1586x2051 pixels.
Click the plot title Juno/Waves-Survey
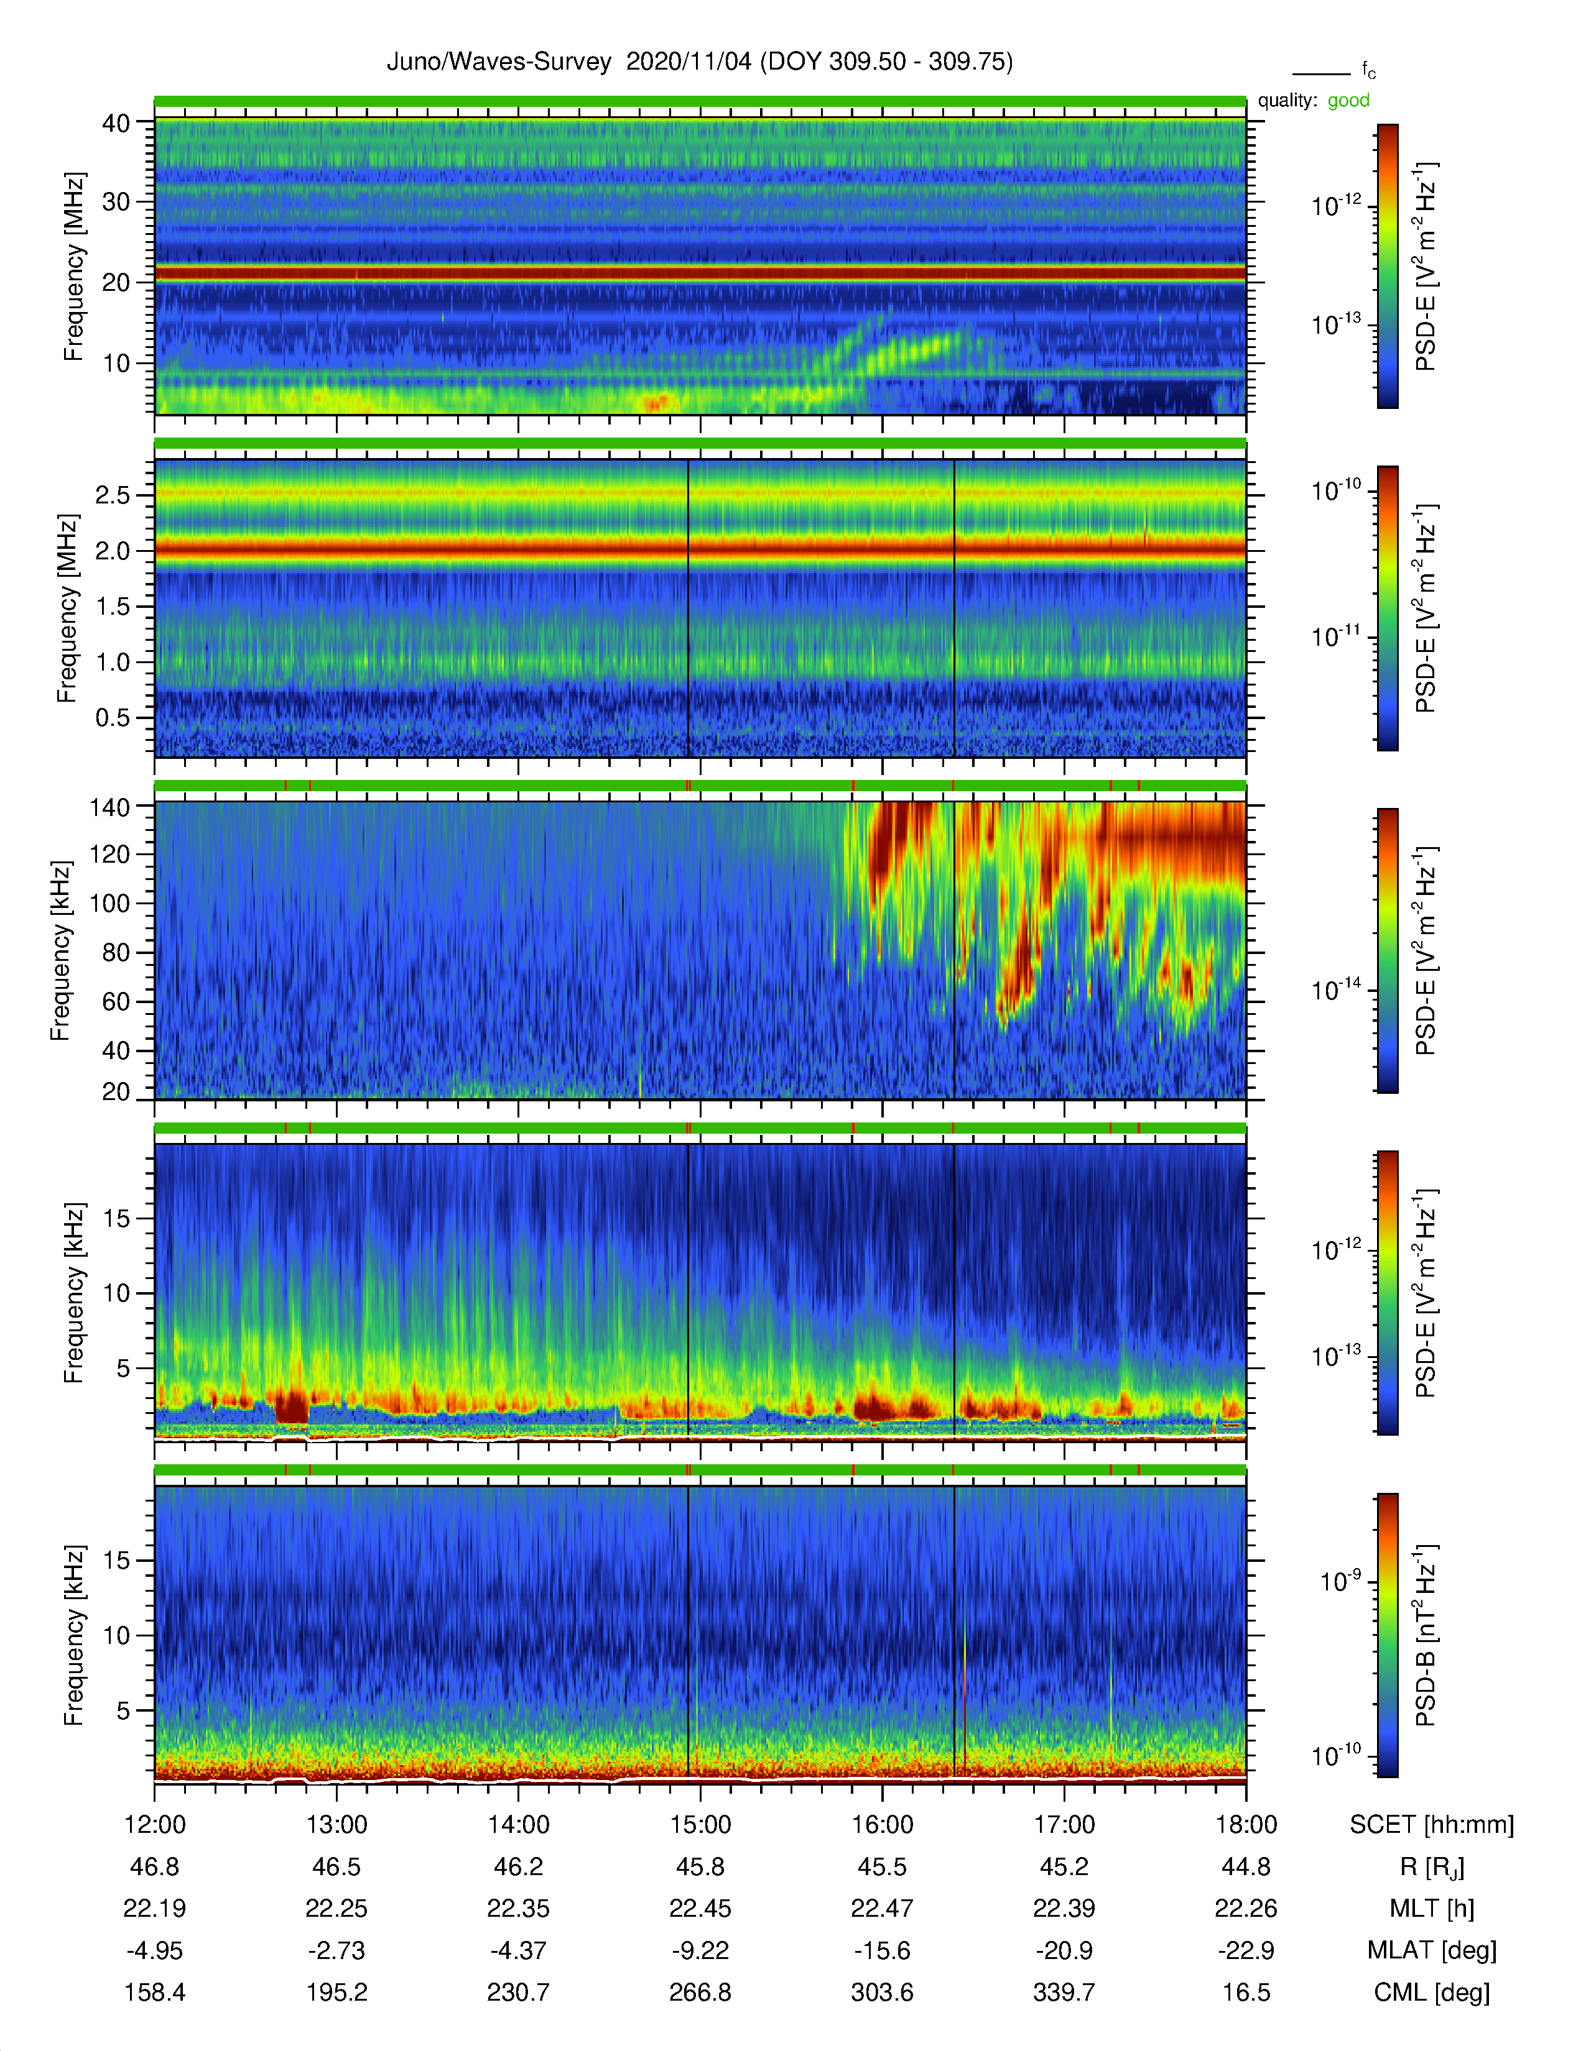click(499, 62)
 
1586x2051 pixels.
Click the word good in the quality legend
click(1348, 101)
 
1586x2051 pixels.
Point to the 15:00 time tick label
click(700, 1825)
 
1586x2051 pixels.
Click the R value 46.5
click(336, 1867)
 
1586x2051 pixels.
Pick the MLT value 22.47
click(883, 1908)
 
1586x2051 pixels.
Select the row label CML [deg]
click(1432, 1993)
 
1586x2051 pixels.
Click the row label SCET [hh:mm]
click(1432, 1825)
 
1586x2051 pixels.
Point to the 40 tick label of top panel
click(116, 123)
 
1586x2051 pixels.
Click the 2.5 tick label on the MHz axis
click(113, 495)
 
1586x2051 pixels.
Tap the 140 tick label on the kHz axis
click(109, 807)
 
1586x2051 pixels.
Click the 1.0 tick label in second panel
click(113, 662)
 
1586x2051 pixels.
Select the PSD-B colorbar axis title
click(1426, 1635)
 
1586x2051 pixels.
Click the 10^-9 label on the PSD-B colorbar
click(1341, 1582)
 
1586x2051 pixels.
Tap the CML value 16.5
click(1246, 1992)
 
